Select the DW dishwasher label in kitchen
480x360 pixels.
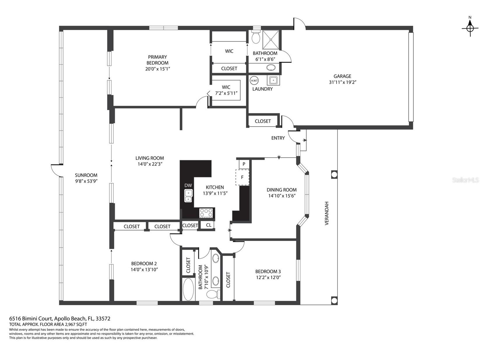(x=188, y=185)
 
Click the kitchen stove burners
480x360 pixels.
(x=206, y=213)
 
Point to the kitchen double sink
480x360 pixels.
(x=188, y=196)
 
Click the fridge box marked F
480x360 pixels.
(x=242, y=177)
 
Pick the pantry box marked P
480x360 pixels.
(x=244, y=164)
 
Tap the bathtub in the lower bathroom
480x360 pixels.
(x=188, y=289)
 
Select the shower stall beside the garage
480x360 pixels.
(x=270, y=39)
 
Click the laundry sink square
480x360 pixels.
(x=273, y=80)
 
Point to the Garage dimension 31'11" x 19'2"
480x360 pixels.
(x=342, y=82)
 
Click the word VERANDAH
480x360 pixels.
(x=327, y=213)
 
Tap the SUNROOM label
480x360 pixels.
(x=86, y=175)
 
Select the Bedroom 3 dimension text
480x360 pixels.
(x=268, y=278)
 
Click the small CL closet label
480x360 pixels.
(x=209, y=225)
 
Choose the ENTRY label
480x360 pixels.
(x=278, y=138)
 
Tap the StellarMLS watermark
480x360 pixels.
(x=465, y=180)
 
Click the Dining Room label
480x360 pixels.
(x=282, y=190)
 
